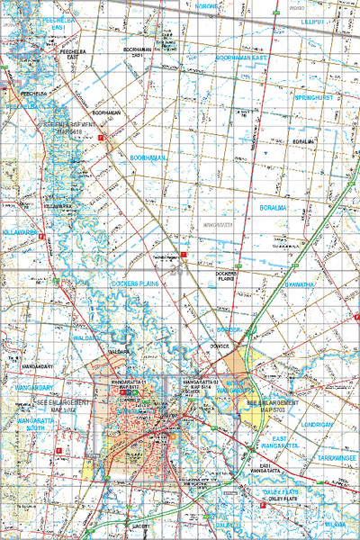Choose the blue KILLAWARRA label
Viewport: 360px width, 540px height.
(x=19, y=231)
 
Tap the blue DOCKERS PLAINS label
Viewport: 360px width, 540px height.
(x=135, y=283)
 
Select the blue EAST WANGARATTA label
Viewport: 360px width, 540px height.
(x=286, y=443)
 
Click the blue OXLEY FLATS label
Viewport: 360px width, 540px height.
(x=280, y=492)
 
